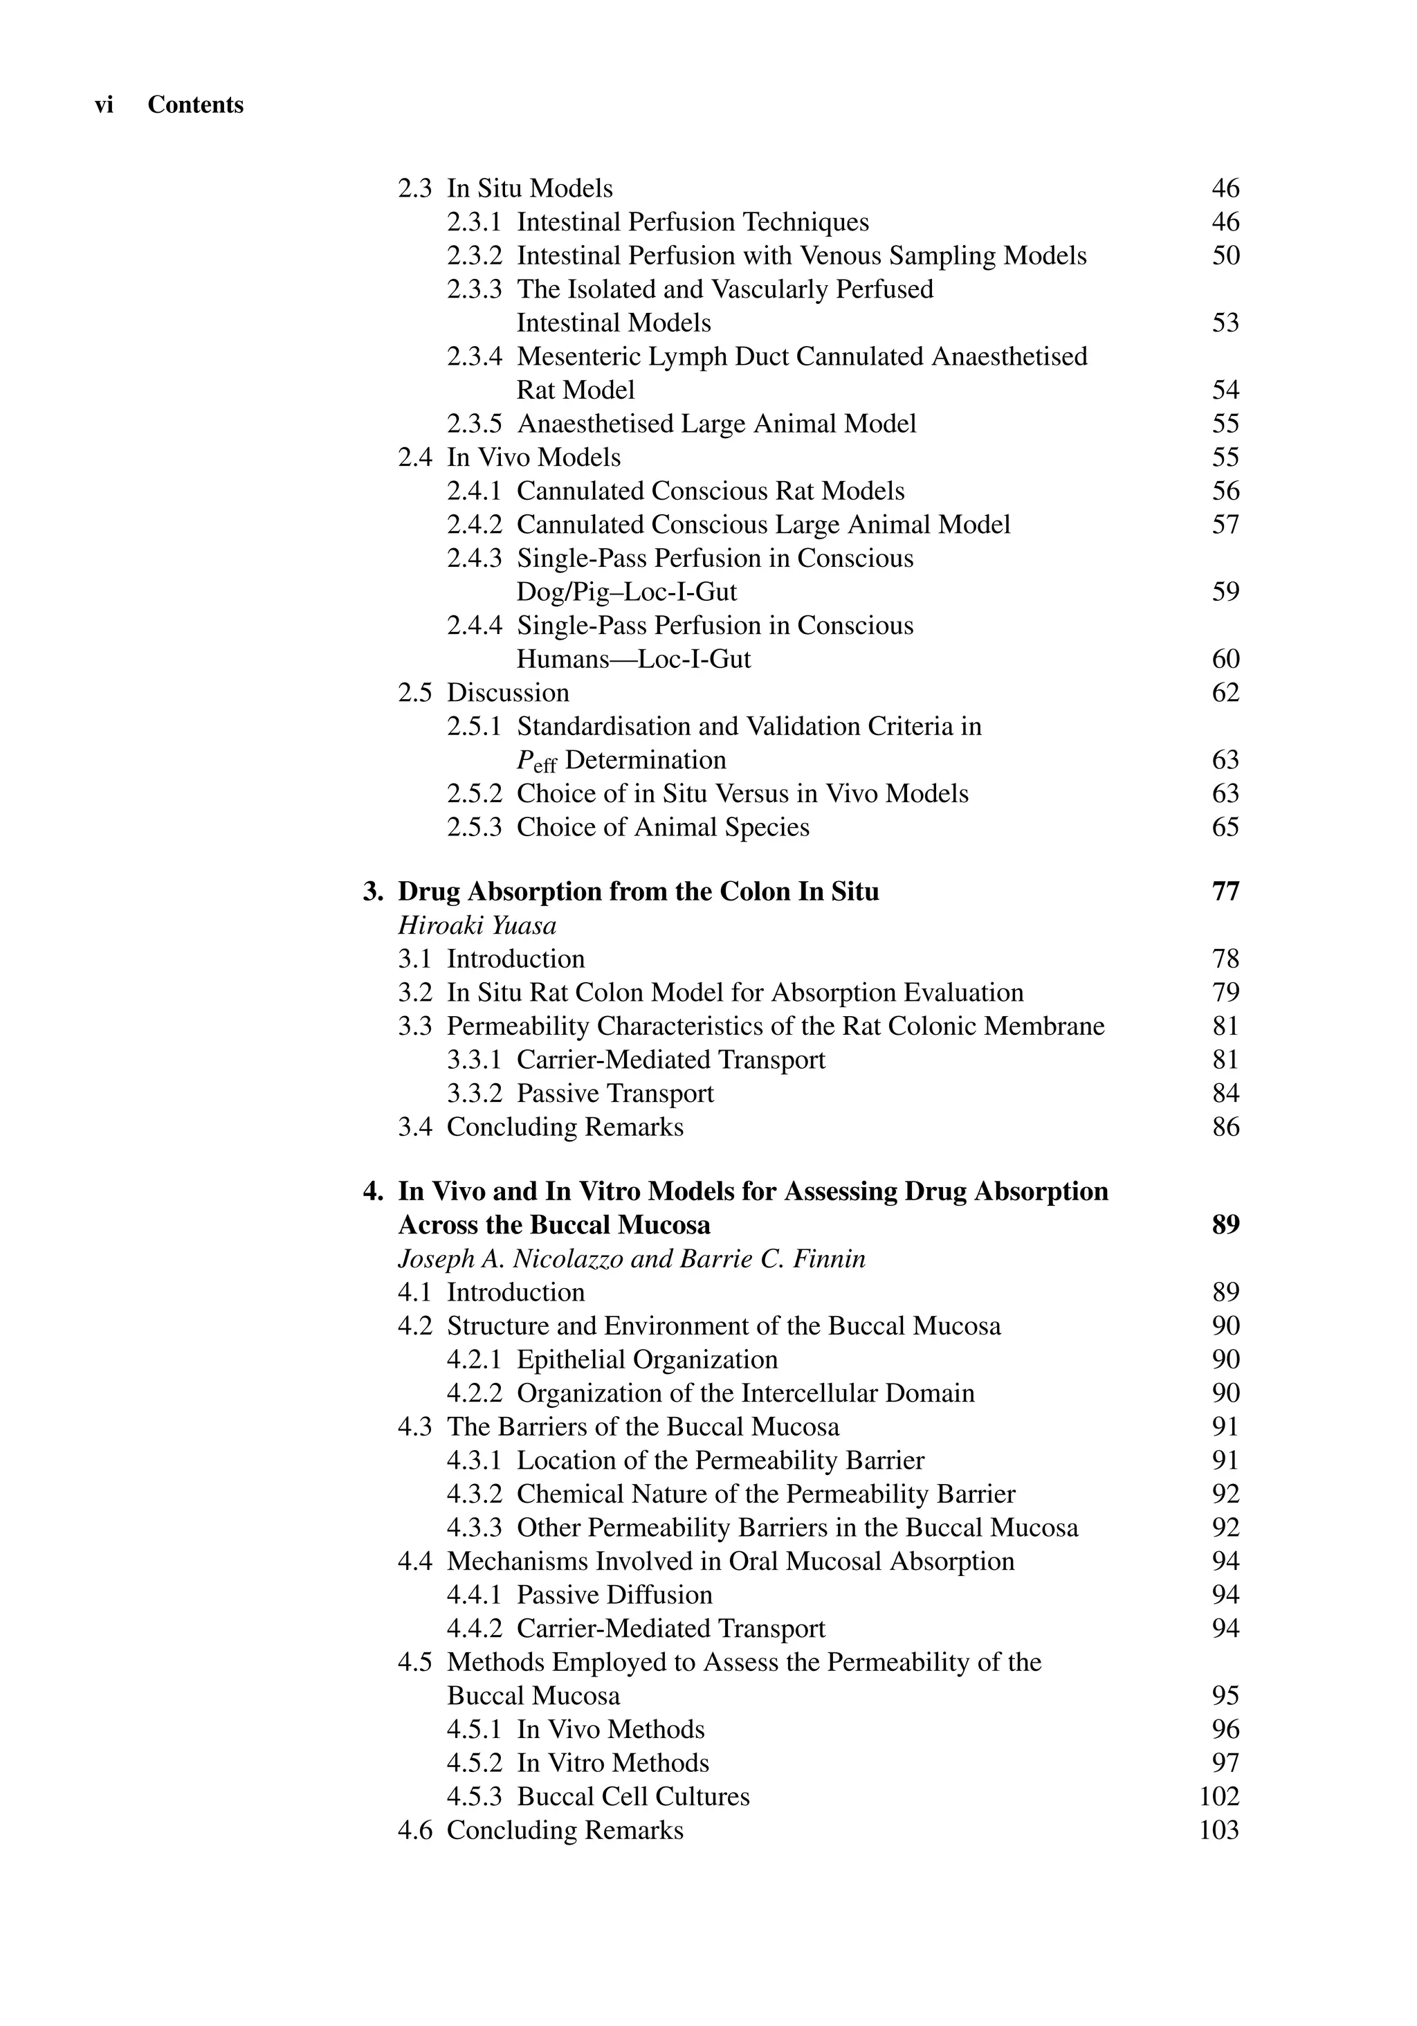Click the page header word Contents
point(195,105)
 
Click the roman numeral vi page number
point(104,105)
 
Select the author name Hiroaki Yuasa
point(477,925)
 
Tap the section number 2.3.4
point(474,356)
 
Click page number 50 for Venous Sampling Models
point(1225,256)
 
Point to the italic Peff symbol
point(536,761)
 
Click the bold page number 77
point(1225,892)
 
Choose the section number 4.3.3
point(474,1528)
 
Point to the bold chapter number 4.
point(372,1192)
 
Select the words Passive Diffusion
point(614,1595)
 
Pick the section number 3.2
point(414,993)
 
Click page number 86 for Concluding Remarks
point(1225,1128)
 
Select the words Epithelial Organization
point(647,1360)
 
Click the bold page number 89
point(1225,1226)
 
